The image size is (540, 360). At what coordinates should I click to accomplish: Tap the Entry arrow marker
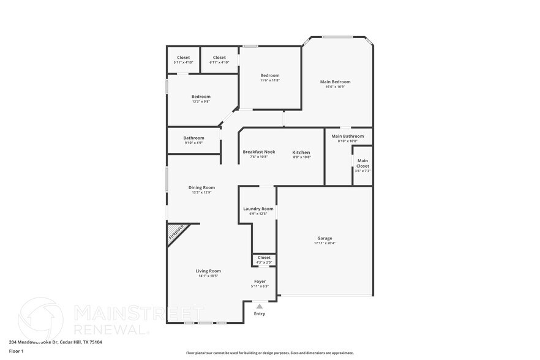pyautogui.click(x=260, y=306)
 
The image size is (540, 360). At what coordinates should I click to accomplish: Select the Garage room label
pyautogui.click(x=324, y=238)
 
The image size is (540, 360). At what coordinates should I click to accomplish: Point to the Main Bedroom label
pyautogui.click(x=336, y=81)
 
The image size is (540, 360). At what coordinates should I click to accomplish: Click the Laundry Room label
pyautogui.click(x=258, y=209)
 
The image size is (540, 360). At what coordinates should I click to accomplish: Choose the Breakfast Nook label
pyautogui.click(x=258, y=152)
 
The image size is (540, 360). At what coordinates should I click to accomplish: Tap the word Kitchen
pyautogui.click(x=301, y=152)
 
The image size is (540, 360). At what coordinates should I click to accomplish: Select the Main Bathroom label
pyautogui.click(x=348, y=136)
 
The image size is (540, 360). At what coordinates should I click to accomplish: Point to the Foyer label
pyautogui.click(x=260, y=282)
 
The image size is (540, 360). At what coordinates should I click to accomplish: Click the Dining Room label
pyautogui.click(x=201, y=187)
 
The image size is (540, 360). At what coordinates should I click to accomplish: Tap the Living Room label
pyautogui.click(x=208, y=271)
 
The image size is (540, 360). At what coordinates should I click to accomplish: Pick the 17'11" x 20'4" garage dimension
pyautogui.click(x=324, y=243)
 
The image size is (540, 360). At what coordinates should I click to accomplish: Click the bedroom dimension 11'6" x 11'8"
pyautogui.click(x=270, y=80)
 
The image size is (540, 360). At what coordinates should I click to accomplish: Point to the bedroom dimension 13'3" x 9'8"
pyautogui.click(x=201, y=102)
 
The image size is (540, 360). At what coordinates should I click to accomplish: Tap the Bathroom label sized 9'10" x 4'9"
pyautogui.click(x=193, y=138)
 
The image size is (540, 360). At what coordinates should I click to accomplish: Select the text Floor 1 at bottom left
pyautogui.click(x=16, y=351)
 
